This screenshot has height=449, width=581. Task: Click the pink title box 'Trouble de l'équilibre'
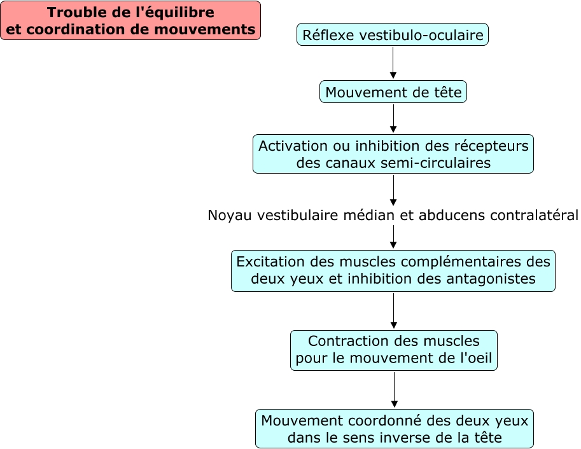(130, 20)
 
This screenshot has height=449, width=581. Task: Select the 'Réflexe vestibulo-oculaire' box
(393, 35)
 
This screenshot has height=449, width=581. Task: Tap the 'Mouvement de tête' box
(393, 92)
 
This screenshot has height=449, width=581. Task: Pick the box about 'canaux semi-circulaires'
(393, 154)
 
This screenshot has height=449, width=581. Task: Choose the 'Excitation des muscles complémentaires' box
(393, 270)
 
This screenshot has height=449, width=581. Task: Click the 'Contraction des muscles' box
(393, 350)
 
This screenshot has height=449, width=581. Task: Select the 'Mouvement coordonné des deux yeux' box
(395, 429)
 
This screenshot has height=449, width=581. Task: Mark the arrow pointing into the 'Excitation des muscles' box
(393, 237)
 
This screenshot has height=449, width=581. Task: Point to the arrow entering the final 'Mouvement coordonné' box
(394, 389)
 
